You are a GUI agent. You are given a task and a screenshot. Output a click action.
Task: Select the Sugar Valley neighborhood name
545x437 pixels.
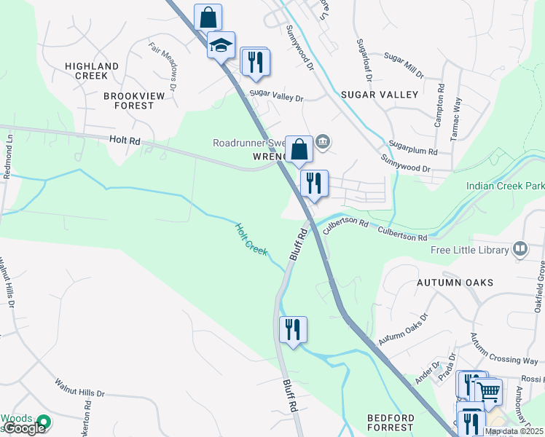pos(380,95)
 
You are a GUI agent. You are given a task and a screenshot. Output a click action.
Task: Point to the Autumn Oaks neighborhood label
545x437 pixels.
pos(455,282)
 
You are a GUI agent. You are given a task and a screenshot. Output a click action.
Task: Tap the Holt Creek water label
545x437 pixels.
pos(251,240)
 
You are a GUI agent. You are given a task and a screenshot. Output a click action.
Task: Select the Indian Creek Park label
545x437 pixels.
pos(505,186)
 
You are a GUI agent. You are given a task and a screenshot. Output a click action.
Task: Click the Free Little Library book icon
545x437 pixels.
pos(520,250)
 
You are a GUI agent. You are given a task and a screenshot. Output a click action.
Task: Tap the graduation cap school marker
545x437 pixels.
pos(221,46)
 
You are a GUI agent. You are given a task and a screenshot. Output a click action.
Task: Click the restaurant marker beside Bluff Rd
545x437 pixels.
pos(292,329)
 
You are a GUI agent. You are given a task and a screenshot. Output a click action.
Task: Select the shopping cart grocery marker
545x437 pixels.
pos(488,392)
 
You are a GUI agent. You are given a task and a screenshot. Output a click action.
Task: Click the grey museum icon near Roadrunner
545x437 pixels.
pos(324,141)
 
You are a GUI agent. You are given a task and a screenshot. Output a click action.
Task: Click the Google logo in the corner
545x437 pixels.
pos(25,428)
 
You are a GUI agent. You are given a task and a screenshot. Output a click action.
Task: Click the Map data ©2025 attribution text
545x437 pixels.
pos(513,431)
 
